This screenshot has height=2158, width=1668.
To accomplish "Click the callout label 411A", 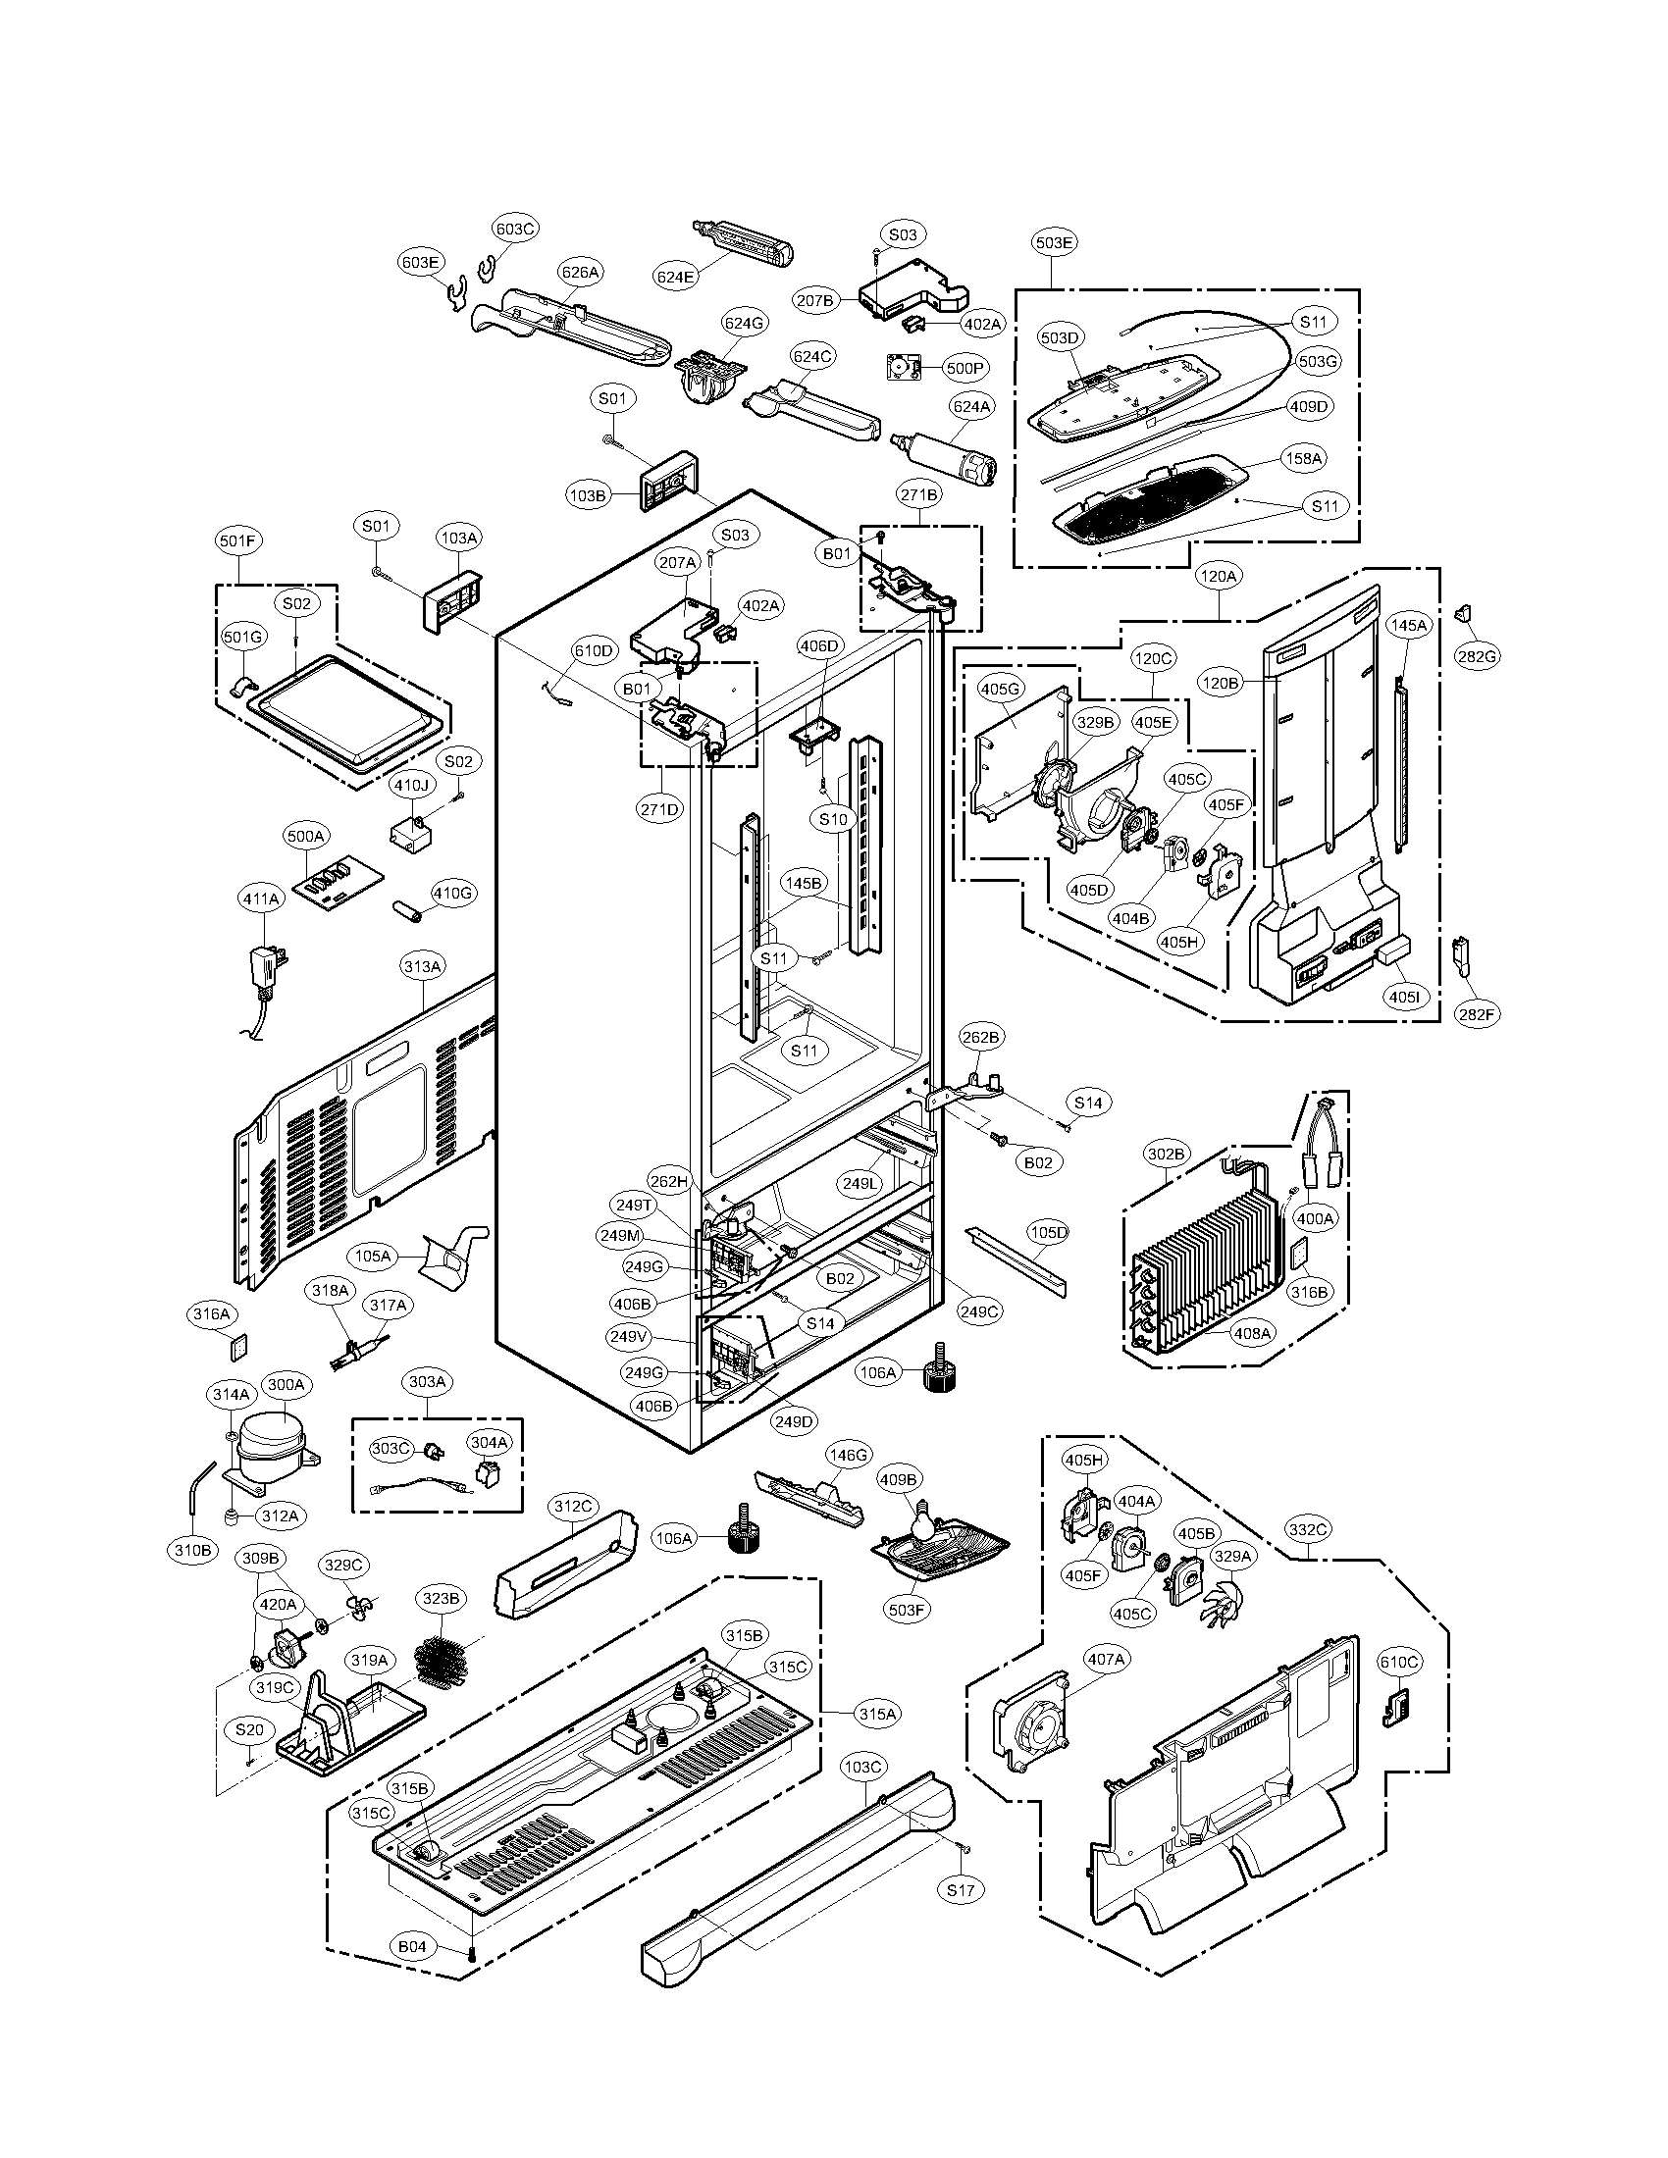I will [x=261, y=899].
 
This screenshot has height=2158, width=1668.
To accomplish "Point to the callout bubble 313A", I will [x=422, y=966].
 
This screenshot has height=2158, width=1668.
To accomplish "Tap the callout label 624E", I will [x=675, y=278].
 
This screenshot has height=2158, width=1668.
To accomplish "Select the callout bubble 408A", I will [x=1252, y=1333].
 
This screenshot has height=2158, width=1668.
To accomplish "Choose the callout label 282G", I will [x=1478, y=655].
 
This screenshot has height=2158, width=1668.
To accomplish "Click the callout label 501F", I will [x=238, y=540].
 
